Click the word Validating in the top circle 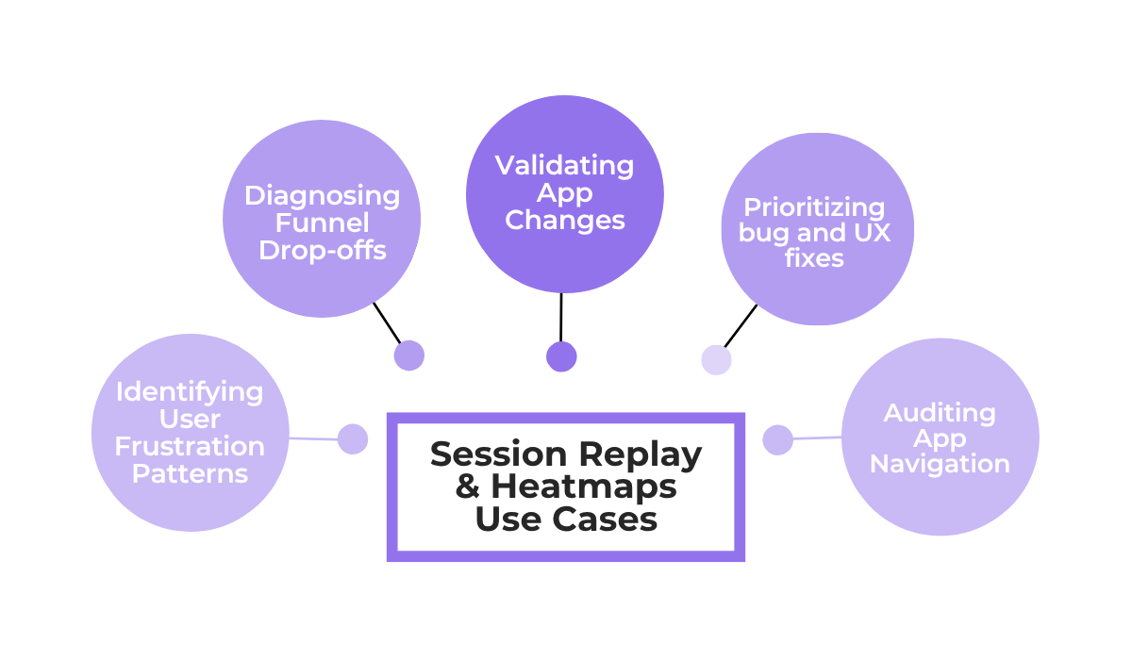coord(564,166)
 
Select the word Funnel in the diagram coord(322,223)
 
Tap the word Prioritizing coord(814,207)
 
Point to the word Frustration coord(190,446)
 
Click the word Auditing coord(939,413)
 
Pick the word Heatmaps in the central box coord(584,487)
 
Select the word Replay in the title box coord(641,455)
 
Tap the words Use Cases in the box coord(566,520)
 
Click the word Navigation coord(940,464)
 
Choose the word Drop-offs coord(322,251)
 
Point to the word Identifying coord(190,391)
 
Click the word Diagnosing coord(322,196)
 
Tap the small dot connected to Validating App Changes coord(561,356)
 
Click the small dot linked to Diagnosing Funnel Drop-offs coord(408,355)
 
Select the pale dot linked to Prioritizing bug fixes coord(716,359)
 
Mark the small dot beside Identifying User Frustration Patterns coord(352,439)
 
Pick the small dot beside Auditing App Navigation coord(777,439)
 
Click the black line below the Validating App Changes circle coord(561,317)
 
